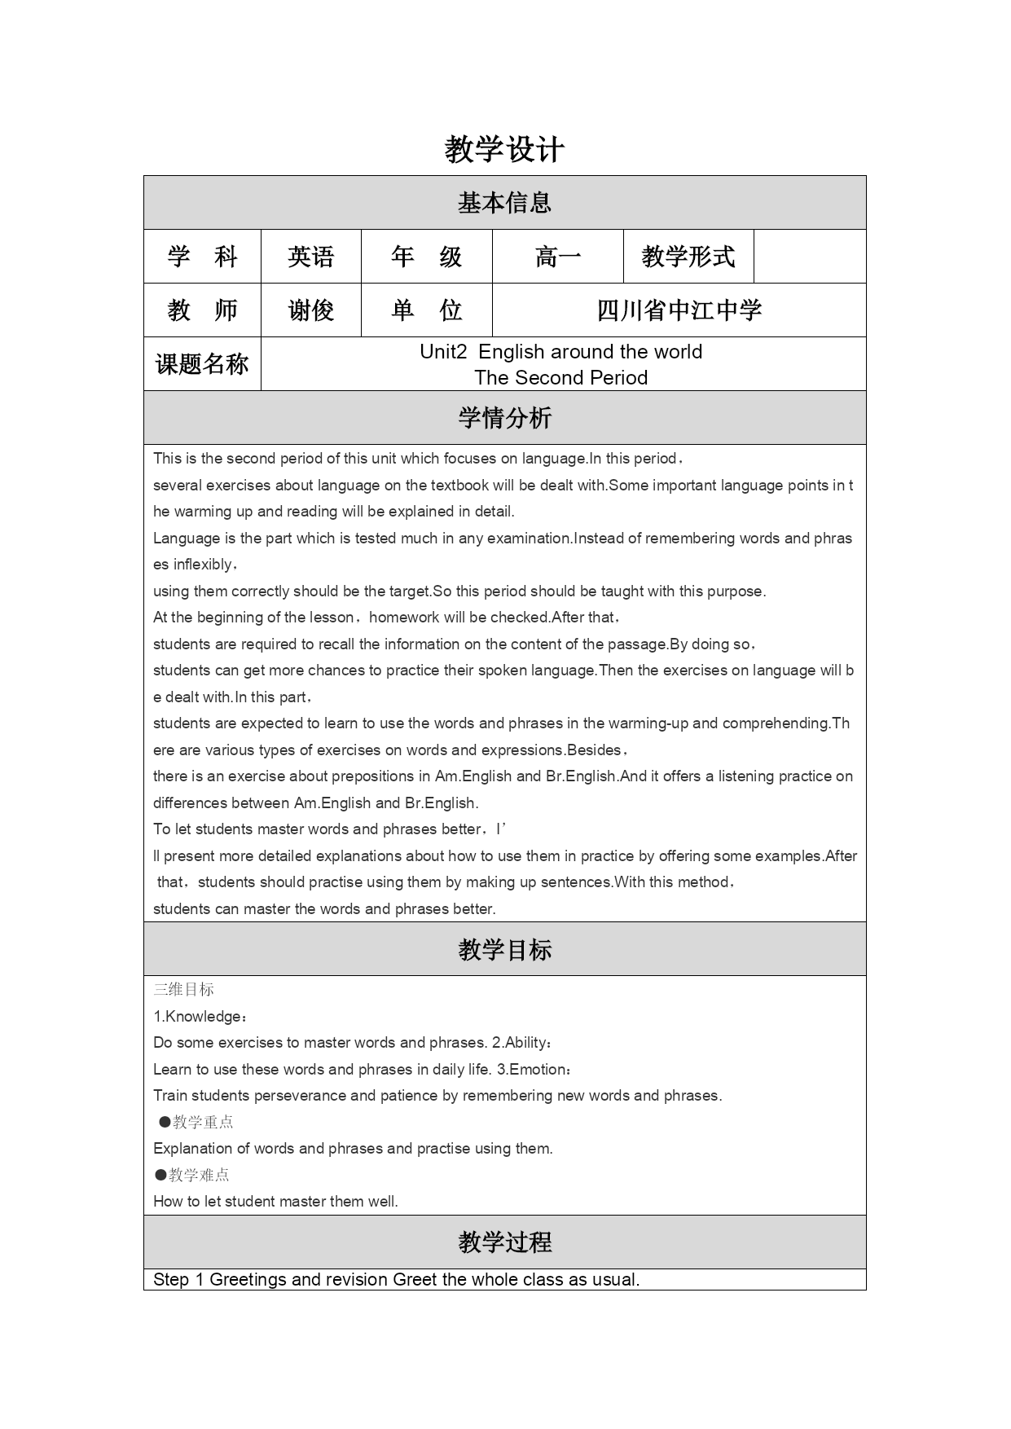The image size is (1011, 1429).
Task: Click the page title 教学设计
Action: (504, 150)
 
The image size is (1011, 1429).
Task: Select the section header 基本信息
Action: (504, 203)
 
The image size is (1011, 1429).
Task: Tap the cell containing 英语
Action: (310, 257)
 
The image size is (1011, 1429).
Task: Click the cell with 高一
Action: (558, 257)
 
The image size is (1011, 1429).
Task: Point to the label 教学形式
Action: (688, 257)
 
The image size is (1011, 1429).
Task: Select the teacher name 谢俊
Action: (310, 310)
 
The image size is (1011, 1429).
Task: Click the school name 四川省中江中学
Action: (679, 310)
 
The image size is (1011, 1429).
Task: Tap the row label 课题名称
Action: (202, 364)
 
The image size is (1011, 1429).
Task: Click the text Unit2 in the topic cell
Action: (443, 352)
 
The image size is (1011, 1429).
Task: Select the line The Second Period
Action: (561, 378)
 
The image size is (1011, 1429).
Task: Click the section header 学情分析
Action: (504, 418)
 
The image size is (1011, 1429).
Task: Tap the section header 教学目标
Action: (504, 949)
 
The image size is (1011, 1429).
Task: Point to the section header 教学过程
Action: (504, 1242)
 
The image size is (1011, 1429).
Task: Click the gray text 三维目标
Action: (184, 990)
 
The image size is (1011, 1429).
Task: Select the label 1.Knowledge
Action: (199, 1017)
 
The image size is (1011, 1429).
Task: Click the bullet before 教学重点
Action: (165, 1122)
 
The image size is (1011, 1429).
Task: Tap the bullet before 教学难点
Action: (161, 1175)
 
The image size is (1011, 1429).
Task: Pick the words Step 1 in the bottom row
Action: (178, 1280)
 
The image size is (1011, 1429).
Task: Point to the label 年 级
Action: (426, 257)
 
